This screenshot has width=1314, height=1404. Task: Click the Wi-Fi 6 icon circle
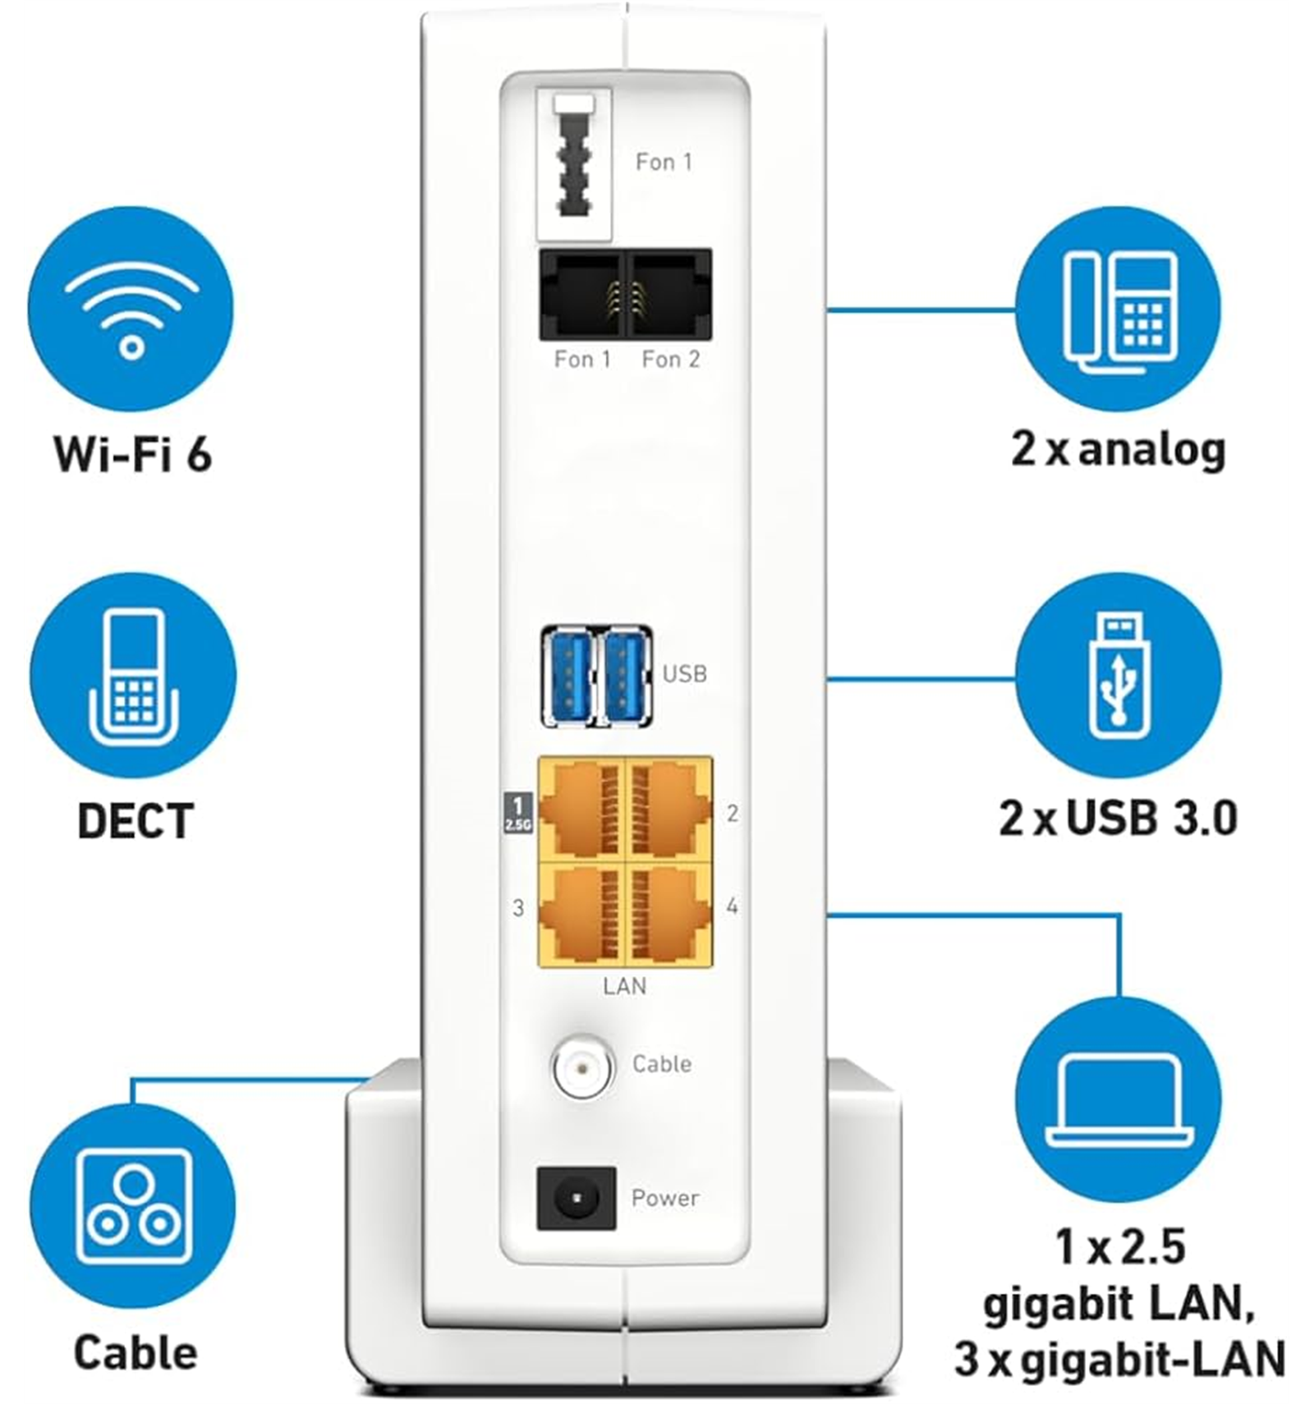coord(131,309)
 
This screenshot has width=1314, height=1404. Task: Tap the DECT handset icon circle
coord(133,676)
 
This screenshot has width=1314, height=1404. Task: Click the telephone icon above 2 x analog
coord(1118,310)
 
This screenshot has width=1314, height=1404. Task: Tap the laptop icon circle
coord(1118,1100)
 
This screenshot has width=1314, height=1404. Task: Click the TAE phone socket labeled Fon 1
coord(574,164)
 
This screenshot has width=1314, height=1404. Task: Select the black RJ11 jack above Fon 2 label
coord(668,295)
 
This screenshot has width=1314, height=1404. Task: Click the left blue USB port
coord(569,677)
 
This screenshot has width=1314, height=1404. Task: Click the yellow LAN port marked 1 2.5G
coord(581,810)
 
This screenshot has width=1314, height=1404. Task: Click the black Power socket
coord(576,1198)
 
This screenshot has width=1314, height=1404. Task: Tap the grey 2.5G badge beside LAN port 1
coord(517,813)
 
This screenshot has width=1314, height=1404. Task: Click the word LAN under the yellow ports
coord(624,986)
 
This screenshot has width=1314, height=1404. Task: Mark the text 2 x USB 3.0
coord(1118,818)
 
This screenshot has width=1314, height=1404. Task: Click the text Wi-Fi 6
coord(133,453)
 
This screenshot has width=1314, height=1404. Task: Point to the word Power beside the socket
coord(665,1198)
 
